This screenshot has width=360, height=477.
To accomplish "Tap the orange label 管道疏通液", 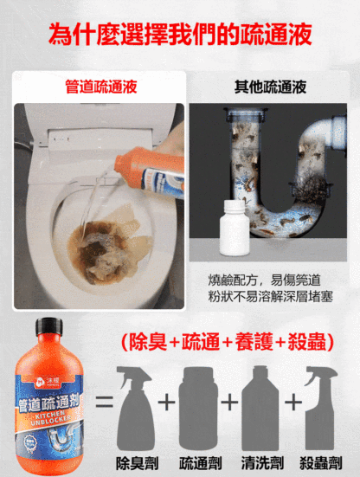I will coord(95,87).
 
